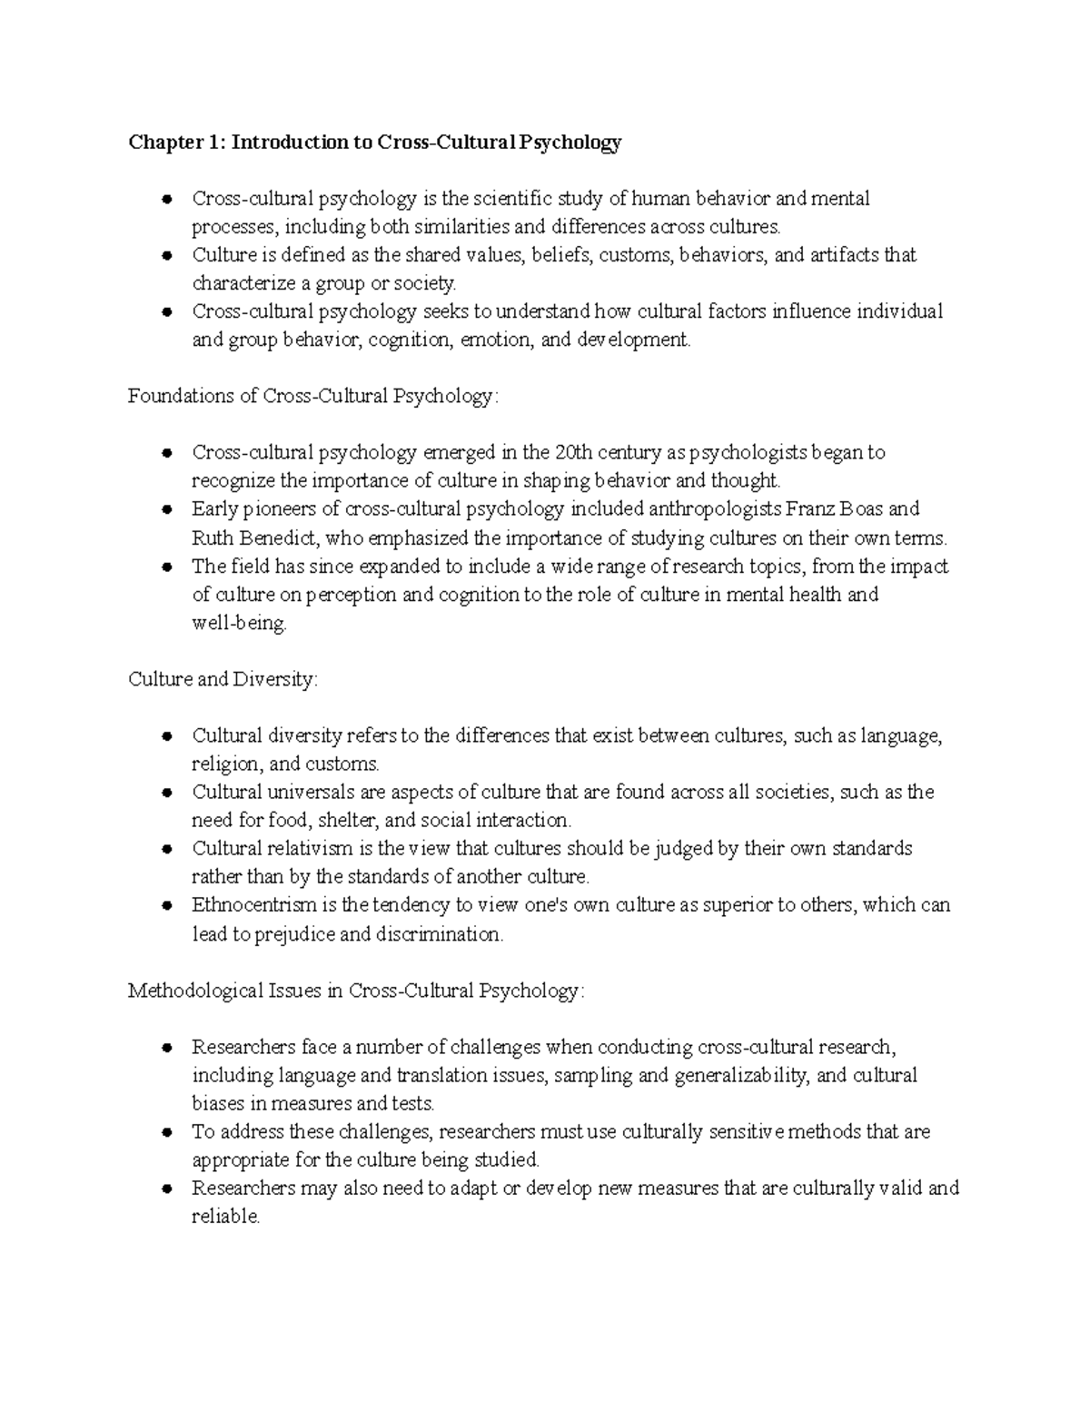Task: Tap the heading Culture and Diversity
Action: (x=223, y=679)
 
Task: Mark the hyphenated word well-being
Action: (x=239, y=623)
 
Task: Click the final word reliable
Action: (x=224, y=1217)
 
